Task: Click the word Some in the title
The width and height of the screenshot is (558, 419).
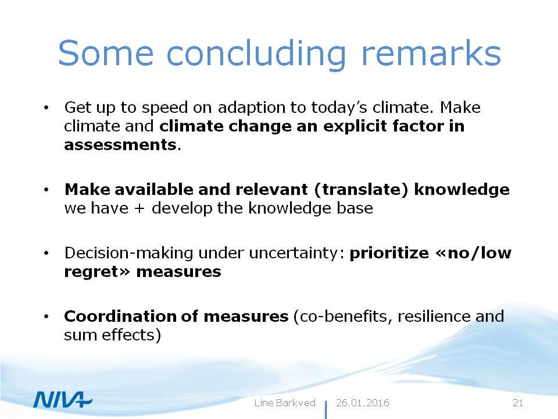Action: tap(106, 53)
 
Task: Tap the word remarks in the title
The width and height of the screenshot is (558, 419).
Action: tap(431, 53)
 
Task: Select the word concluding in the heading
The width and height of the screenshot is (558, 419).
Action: tap(256, 55)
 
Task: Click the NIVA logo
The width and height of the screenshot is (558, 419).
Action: tap(63, 399)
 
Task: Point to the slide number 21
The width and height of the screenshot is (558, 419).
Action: tap(518, 403)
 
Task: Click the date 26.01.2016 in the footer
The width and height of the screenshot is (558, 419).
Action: tap(363, 403)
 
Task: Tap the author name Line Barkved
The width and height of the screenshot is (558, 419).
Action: tap(285, 403)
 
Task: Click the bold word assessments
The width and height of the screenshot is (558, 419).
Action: tap(120, 145)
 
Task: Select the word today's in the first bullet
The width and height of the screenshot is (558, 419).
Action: tap(339, 107)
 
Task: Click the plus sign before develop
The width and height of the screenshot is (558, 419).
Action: tap(139, 208)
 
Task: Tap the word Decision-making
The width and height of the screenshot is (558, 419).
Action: tap(129, 253)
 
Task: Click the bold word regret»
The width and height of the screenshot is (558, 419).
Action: tap(98, 272)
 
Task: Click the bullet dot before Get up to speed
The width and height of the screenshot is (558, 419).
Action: tap(46, 107)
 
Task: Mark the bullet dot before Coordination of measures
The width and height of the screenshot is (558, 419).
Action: tap(46, 317)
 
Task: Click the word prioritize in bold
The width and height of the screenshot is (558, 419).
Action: tap(389, 253)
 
